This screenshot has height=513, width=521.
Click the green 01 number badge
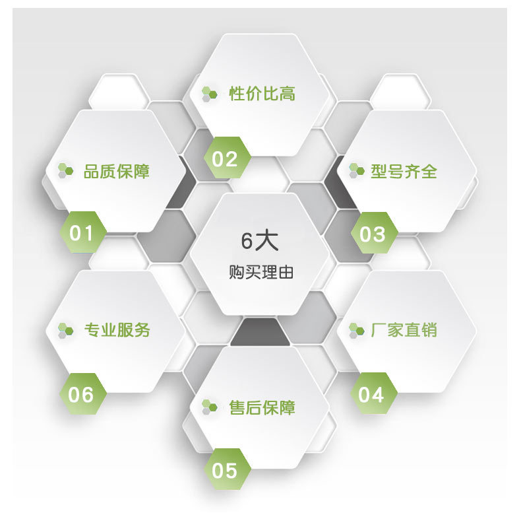coord(82,232)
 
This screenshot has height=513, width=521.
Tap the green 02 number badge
coord(225,158)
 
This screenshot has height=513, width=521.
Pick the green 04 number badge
coord(371,394)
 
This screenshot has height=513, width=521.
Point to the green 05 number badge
coord(225,470)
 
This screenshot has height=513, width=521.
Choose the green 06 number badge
coord(82,395)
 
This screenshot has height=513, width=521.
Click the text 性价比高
coord(262,94)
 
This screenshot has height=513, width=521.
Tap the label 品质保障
coord(117,172)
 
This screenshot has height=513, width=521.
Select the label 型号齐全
coord(404,172)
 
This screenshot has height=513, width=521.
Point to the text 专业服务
coord(117,329)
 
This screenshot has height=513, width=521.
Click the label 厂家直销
coord(404,329)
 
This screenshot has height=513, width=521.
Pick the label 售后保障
coord(262,407)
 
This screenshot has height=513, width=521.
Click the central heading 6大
coord(260,241)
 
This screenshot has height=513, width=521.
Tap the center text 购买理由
coord(260,273)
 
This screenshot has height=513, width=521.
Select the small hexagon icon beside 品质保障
coord(65,171)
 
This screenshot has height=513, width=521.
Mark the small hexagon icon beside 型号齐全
coord(356,170)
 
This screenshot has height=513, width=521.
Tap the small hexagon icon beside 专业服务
coord(65,329)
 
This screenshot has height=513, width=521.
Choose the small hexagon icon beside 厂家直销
coord(356,329)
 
